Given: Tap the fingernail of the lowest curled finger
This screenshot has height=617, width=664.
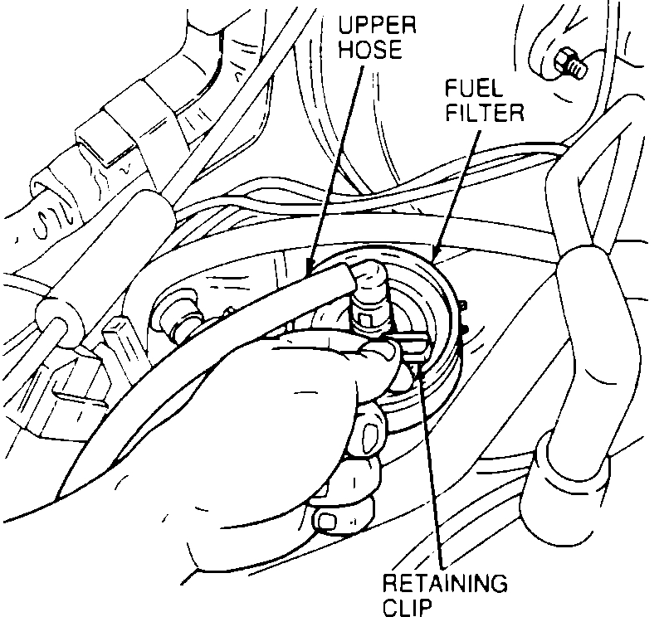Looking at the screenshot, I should click(326, 521).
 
